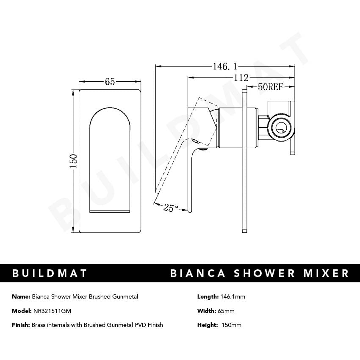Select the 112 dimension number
pyautogui.click(x=241, y=78)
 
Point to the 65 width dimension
pyautogui.click(x=110, y=82)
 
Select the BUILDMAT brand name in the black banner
pyautogui.click(x=50, y=273)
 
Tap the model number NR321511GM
pyautogui.click(x=52, y=311)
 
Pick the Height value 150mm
pyautogui.click(x=231, y=325)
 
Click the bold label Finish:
pyautogui.click(x=21, y=325)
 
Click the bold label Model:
pyautogui.click(x=22, y=311)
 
